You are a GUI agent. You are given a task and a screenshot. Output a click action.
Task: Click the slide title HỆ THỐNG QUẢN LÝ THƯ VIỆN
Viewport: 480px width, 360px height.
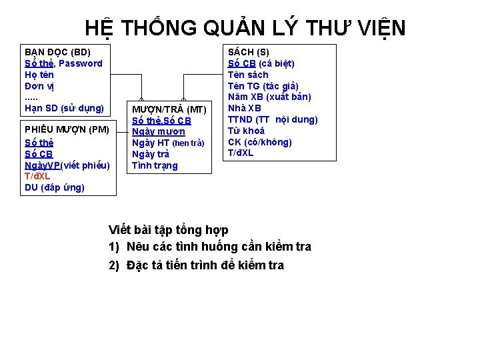coord(245,27)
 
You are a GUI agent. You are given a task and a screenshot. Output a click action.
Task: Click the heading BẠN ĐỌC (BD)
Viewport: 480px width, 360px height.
coord(57,52)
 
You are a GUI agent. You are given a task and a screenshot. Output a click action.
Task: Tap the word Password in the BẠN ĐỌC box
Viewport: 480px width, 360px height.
coord(80,63)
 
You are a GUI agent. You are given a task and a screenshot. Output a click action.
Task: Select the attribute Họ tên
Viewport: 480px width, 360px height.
coord(39,75)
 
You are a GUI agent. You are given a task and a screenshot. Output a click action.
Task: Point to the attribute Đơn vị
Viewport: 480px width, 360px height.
coord(39,86)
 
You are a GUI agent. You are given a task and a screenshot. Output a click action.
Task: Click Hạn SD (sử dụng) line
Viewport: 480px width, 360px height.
coord(64,107)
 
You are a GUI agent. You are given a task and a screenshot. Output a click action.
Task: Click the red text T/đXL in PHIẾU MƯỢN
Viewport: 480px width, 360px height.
coord(37,176)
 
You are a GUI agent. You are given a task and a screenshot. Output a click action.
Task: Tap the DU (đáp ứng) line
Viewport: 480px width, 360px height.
coord(55,187)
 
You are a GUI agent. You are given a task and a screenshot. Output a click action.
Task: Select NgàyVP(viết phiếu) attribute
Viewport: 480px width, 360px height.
coord(67,165)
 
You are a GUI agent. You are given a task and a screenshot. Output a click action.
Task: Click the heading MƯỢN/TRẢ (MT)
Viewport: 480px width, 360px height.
coord(169,109)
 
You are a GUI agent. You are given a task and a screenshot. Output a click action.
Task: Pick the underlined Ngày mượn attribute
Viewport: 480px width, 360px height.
coord(159,132)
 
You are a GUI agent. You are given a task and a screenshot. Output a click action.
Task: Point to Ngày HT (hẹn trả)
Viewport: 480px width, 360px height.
coord(168,143)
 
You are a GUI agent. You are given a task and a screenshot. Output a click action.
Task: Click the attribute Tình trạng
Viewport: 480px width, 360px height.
coord(155,165)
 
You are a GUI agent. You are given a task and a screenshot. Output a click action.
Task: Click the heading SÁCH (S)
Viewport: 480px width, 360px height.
coord(249,52)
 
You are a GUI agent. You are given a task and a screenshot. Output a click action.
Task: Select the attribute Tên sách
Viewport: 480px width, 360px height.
coord(248,75)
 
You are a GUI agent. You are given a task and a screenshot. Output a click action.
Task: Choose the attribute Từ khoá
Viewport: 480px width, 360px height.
coord(246,131)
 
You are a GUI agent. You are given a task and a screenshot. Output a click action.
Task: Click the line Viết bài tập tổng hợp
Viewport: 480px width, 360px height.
coord(169,230)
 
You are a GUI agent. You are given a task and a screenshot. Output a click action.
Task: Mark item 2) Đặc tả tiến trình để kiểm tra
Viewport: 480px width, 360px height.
coord(196,265)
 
